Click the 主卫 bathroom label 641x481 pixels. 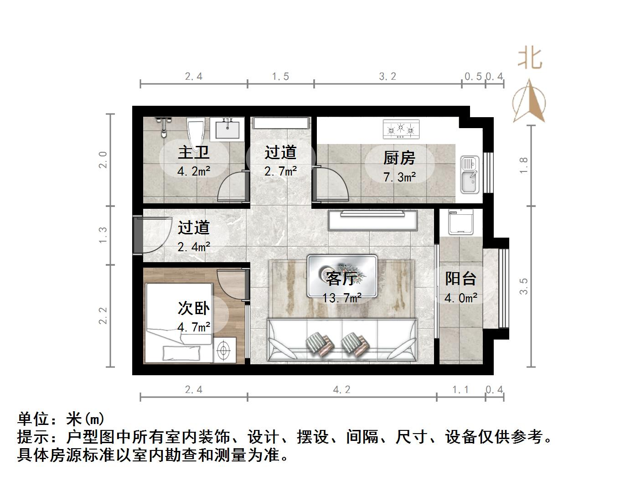point(193,152)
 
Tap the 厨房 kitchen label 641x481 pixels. point(399,158)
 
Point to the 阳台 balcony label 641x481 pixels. point(460,279)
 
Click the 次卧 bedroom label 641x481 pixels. point(193,308)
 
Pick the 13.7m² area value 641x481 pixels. point(342,298)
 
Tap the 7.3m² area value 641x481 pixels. point(399,177)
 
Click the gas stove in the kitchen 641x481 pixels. point(401,129)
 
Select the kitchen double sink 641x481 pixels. point(470,174)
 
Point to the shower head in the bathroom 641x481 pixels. point(163,126)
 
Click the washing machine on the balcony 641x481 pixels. point(460,222)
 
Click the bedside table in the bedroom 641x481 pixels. point(224,350)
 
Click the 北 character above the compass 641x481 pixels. point(530,58)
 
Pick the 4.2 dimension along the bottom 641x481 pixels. point(342,389)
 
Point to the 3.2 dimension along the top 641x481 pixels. point(388,76)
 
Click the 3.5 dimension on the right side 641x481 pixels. point(523,286)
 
